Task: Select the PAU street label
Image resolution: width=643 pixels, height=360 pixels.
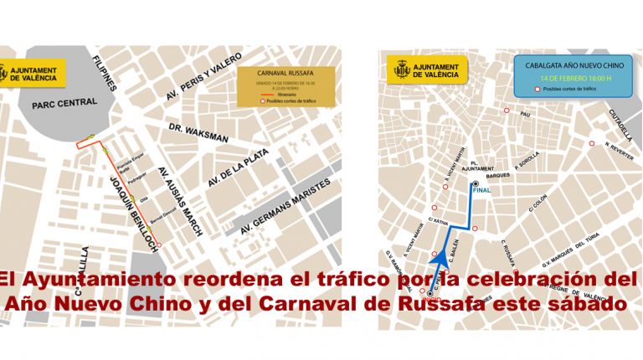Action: (x=526, y=114)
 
